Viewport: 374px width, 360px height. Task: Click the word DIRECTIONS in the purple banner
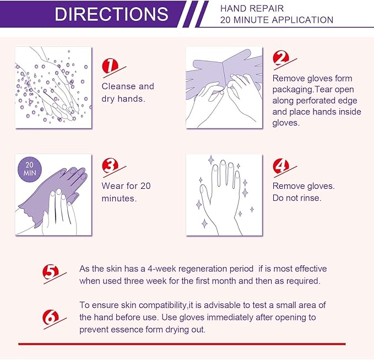(111, 14)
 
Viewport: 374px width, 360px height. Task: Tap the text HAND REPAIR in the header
(245, 8)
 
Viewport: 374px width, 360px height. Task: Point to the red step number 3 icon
(110, 166)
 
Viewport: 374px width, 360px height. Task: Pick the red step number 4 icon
(281, 166)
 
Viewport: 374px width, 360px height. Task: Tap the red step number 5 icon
(51, 271)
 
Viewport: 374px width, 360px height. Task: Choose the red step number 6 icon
(50, 317)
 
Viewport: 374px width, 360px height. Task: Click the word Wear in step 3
(112, 186)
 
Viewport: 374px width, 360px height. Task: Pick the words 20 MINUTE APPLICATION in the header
(276, 20)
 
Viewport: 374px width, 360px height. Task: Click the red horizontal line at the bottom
(182, 343)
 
